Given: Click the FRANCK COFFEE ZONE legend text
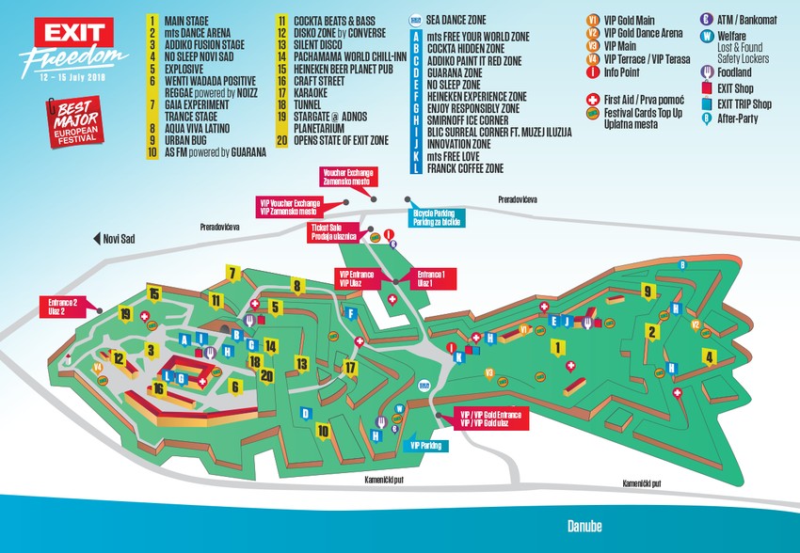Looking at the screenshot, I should (465, 168).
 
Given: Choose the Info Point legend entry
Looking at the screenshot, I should (622, 71).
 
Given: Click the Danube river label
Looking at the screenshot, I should (583, 526).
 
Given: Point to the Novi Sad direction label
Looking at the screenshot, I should (118, 240).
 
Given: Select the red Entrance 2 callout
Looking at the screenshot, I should (63, 304).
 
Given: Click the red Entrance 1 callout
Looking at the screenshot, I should (431, 277).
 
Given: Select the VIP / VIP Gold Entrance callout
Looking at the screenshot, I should (489, 418).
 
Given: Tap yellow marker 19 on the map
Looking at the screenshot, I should (124, 314).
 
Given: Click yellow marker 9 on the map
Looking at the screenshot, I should (648, 291).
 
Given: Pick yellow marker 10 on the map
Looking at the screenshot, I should (324, 431).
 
